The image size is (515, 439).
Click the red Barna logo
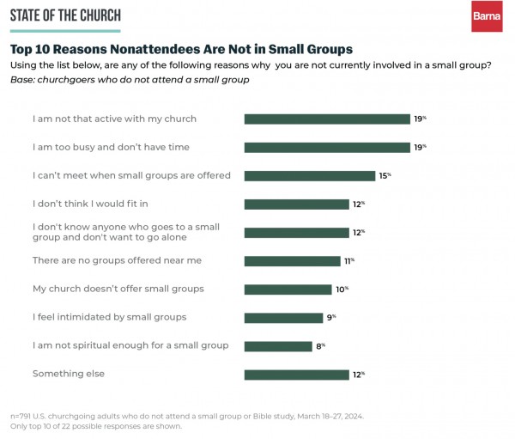tap(487, 17)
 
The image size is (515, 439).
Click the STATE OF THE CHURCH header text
tap(65, 15)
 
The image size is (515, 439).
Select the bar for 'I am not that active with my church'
tap(327, 119)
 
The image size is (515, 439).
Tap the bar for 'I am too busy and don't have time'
tap(327, 147)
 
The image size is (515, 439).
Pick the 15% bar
tap(310, 175)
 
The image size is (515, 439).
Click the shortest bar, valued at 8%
tap(278, 345)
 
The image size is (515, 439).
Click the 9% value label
tap(330, 317)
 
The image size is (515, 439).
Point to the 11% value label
tap(348, 260)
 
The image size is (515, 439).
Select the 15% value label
tap(385, 175)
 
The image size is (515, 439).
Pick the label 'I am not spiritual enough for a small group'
tap(130, 345)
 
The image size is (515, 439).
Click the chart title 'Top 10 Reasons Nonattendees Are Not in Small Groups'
tap(180, 49)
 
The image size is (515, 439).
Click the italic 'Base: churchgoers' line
tap(130, 80)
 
